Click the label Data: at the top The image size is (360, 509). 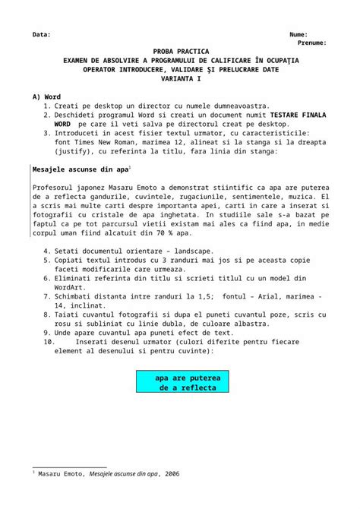(41, 35)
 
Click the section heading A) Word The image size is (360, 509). (46, 97)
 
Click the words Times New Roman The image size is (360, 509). (107, 141)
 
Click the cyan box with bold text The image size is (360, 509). (182, 382)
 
